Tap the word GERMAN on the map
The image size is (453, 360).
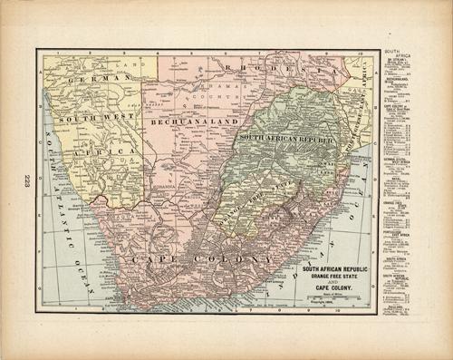82,79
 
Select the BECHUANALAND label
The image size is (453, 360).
185,120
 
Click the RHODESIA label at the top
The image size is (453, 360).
271,69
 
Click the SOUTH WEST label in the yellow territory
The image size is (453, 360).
90,118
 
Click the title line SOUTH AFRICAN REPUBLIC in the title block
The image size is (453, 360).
335,268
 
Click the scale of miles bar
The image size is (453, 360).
335,298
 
